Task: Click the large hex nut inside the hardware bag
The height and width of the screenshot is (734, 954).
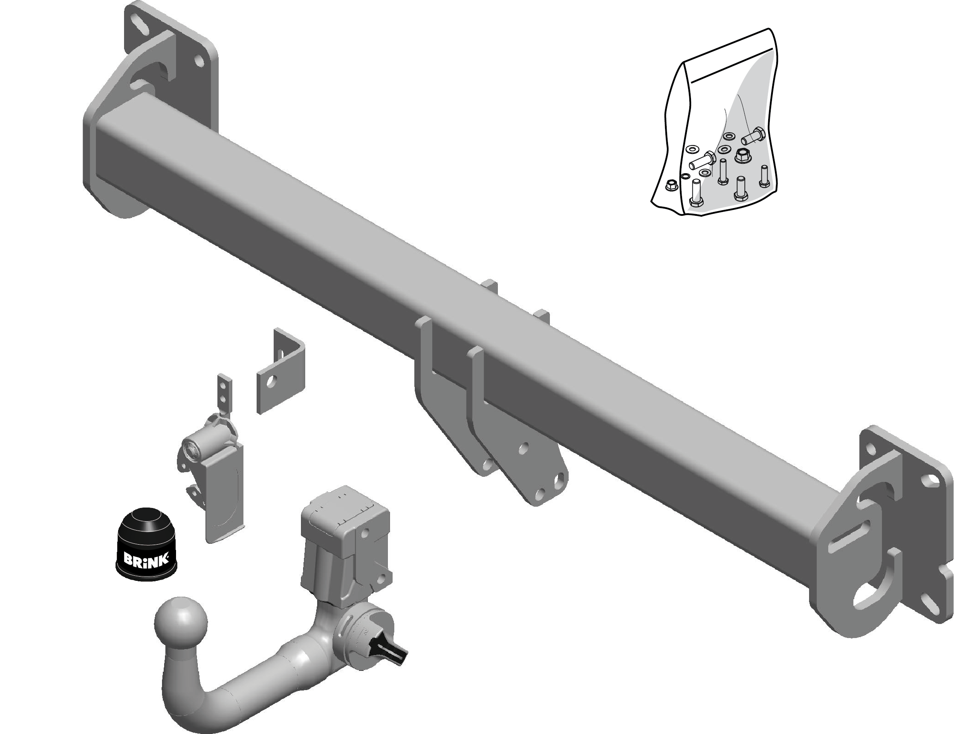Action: (x=743, y=155)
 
